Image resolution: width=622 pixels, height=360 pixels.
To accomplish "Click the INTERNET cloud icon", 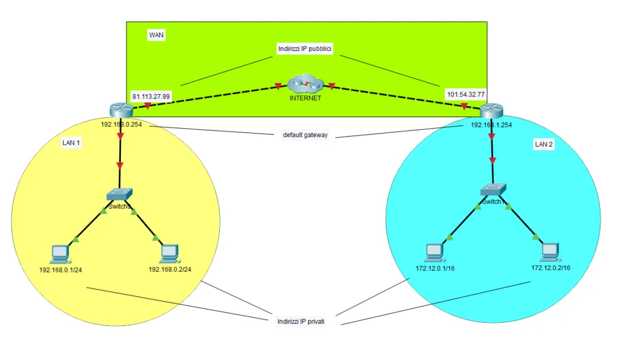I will coord(305,84).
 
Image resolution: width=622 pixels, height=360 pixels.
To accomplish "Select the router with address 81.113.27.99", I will coord(121,109).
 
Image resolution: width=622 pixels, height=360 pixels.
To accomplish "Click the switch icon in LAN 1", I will coord(119,195).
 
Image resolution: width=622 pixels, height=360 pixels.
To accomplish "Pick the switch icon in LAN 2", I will coord(493,190).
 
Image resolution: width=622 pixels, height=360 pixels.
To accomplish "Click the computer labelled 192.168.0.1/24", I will coord(60,253).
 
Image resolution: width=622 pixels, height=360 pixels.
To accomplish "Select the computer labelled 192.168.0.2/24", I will coord(169,251).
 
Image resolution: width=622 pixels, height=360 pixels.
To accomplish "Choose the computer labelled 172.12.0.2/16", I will coord(550,251).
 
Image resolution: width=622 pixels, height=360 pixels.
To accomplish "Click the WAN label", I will coord(156,35).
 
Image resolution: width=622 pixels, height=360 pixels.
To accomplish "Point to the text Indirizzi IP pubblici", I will coord(305,50).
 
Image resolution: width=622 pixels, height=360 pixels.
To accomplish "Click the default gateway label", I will coord(305,135).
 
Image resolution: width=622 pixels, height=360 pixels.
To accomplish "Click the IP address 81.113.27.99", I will coord(151,96).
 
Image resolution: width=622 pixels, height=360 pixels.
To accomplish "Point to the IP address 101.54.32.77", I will coord(466,95).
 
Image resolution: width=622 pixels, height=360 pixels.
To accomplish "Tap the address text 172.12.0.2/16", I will coord(550,268).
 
